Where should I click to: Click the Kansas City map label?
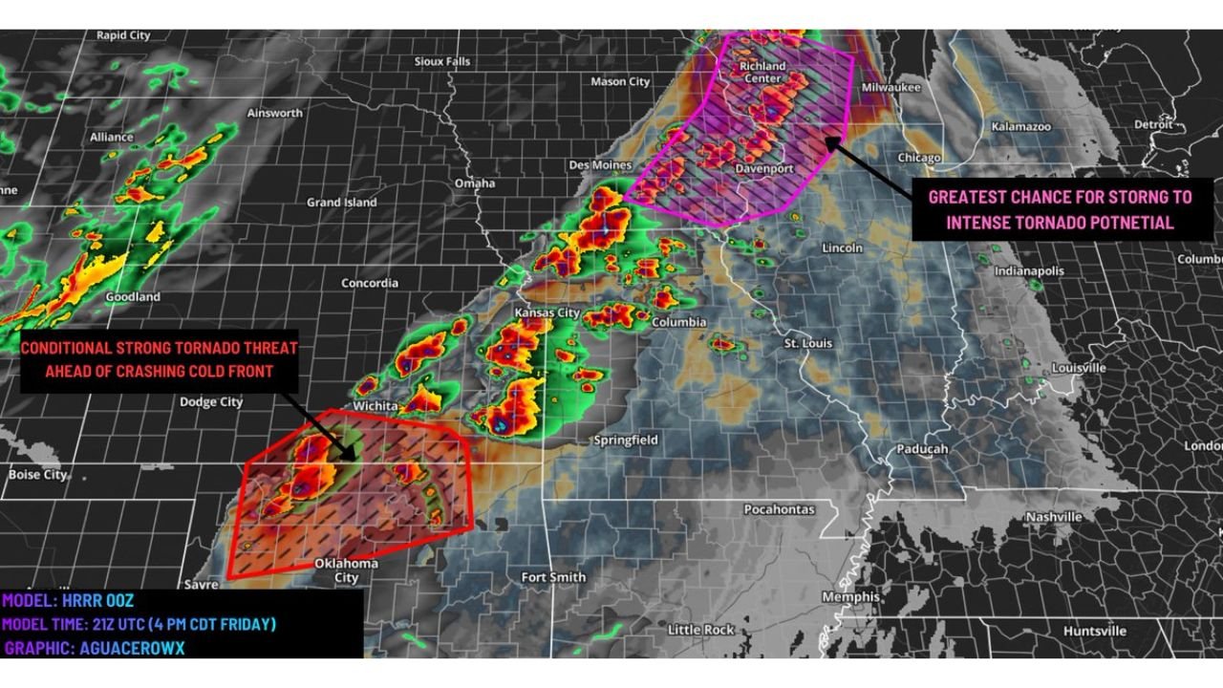(x=547, y=312)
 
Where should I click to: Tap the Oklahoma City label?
(x=346, y=570)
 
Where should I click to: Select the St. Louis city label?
(x=807, y=343)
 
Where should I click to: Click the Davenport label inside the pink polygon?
(x=763, y=169)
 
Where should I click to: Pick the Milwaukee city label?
(x=890, y=87)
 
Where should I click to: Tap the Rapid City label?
(x=123, y=35)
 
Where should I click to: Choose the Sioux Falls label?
(x=442, y=61)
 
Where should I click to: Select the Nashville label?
(x=1054, y=517)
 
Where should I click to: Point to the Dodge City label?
(x=211, y=402)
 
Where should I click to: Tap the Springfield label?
(x=626, y=441)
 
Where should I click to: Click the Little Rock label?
(x=700, y=630)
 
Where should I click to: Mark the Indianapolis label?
(x=1029, y=271)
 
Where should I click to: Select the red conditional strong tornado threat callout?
(x=159, y=360)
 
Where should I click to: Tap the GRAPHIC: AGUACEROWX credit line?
(x=95, y=647)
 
